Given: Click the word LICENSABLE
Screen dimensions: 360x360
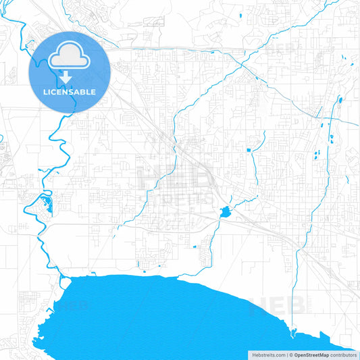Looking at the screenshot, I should click(69, 92).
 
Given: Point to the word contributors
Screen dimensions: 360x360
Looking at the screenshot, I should click(344, 354).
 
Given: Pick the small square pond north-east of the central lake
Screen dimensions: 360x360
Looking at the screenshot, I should click(249, 149).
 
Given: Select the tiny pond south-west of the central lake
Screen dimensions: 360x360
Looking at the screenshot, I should click(196, 247).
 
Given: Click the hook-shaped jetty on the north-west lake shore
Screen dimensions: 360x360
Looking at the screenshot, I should click(61, 276).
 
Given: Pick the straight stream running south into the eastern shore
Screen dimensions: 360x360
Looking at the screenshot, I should click(296, 290).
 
